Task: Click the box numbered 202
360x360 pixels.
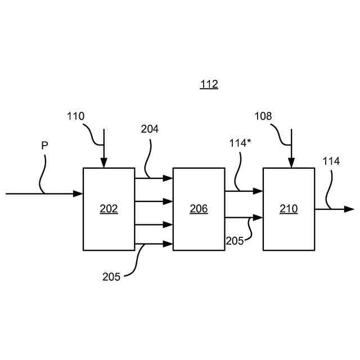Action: click(109, 209)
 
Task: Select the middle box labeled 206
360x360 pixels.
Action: click(199, 209)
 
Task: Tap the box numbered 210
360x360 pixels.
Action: click(289, 209)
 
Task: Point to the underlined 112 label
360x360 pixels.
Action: click(209, 85)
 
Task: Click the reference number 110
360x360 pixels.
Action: click(75, 116)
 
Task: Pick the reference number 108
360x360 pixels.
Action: click(263, 116)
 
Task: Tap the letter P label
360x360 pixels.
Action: click(44, 146)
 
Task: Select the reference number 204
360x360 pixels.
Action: click(150, 129)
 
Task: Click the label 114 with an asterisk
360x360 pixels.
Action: click(239, 142)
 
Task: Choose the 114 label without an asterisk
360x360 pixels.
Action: click(331, 161)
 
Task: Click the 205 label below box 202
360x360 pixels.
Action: click(111, 276)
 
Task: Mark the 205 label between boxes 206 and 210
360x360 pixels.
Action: click(235, 240)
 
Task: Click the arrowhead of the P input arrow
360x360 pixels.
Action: click(78, 193)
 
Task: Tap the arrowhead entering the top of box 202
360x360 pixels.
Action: click(103, 163)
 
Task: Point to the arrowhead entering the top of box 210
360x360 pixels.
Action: click(291, 163)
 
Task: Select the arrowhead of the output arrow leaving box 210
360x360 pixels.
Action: click(349, 209)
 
